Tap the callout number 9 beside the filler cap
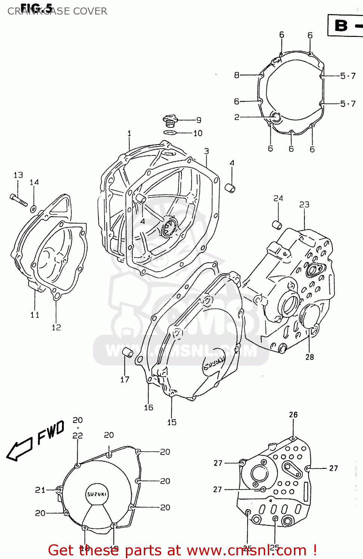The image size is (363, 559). point(199,120)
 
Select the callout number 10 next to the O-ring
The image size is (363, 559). point(198,133)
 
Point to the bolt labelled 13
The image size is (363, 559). point(18,200)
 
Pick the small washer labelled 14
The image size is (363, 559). point(34,209)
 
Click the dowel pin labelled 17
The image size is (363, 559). point(128,352)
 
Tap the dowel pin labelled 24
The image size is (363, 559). point(277,225)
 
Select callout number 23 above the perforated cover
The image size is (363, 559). point(304,204)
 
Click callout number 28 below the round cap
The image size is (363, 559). point(310,357)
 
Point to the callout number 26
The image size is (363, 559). point(293,414)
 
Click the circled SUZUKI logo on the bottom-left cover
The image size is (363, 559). point(97,494)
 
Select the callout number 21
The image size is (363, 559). point(40,490)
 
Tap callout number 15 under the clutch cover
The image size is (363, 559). point(172,422)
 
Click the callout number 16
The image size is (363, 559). point(149,407)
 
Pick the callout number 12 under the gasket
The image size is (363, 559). point(56,327)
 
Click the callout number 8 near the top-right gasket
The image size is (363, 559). point(236,75)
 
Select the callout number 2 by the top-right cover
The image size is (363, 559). point(236,117)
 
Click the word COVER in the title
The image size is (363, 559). point(90,11)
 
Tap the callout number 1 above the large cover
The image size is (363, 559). point(129,133)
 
